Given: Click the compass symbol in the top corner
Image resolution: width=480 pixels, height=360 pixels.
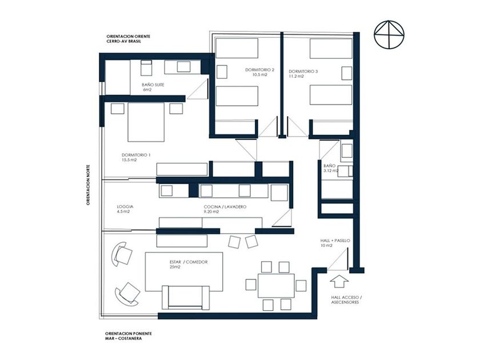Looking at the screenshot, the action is pyautogui.click(x=389, y=34).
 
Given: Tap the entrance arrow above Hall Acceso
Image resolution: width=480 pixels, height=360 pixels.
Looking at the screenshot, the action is pyautogui.click(x=340, y=281).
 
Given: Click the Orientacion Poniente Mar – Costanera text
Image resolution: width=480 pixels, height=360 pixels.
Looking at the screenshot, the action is pyautogui.click(x=129, y=336).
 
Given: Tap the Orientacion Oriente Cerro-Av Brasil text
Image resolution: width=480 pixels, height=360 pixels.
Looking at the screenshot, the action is pyautogui.click(x=129, y=39).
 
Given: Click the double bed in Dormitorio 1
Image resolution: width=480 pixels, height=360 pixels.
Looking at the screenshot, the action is pyautogui.click(x=146, y=122).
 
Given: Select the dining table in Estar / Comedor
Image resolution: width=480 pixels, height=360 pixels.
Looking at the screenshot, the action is pyautogui.click(x=276, y=286).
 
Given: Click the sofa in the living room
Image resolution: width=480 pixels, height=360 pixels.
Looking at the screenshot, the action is pyautogui.click(x=186, y=297).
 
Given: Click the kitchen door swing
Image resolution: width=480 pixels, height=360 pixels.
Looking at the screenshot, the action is pyautogui.click(x=282, y=218).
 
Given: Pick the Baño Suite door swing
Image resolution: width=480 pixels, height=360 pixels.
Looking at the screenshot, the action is pyautogui.click(x=198, y=89).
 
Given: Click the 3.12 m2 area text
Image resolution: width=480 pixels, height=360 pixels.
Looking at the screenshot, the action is pyautogui.click(x=331, y=170).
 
